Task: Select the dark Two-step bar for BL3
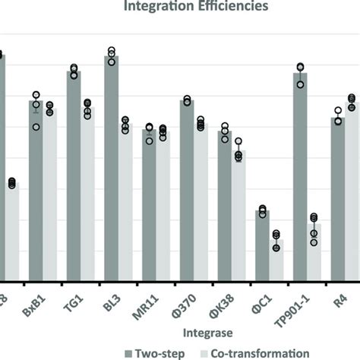click(111, 167)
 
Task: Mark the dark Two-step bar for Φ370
click(186, 190)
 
